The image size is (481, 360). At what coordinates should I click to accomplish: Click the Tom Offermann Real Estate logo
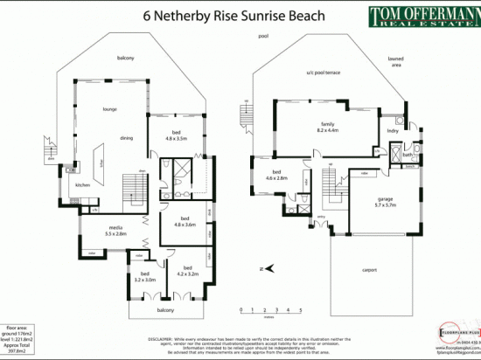(419, 17)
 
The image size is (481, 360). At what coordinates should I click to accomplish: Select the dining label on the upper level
(127, 138)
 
